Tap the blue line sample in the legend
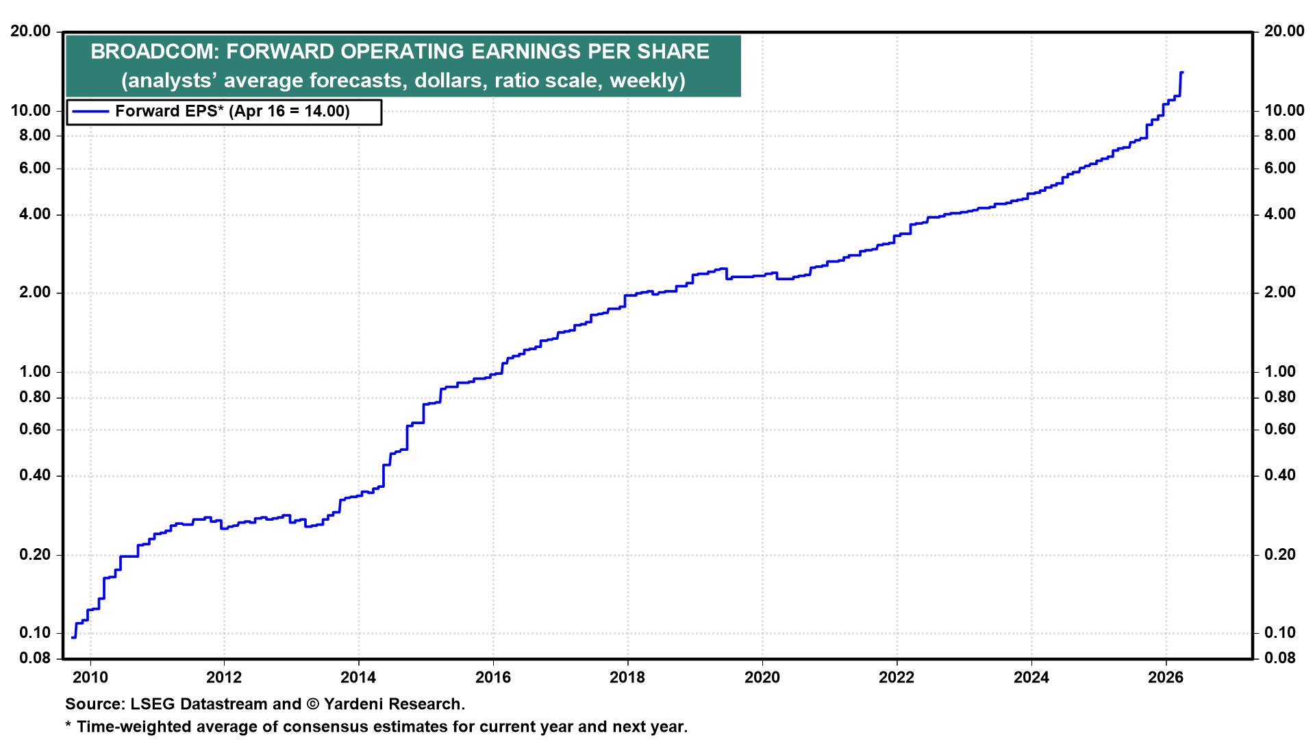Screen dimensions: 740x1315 [90, 112]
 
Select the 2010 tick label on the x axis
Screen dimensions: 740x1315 [90, 678]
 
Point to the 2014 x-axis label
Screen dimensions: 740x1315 [358, 678]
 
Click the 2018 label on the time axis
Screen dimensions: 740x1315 [627, 678]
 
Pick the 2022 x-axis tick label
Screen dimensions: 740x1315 [897, 678]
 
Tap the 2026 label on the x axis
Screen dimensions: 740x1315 [1166, 678]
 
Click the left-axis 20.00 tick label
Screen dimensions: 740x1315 [31, 31]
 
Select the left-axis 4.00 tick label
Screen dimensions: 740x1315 [35, 214]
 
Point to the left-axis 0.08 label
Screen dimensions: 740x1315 [35, 658]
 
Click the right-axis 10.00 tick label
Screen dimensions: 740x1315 [1284, 110]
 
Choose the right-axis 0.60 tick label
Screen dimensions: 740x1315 [1280, 430]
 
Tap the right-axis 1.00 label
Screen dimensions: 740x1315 [1280, 371]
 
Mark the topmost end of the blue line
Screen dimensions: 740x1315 [1182, 73]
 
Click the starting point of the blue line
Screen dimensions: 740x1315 [73, 638]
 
